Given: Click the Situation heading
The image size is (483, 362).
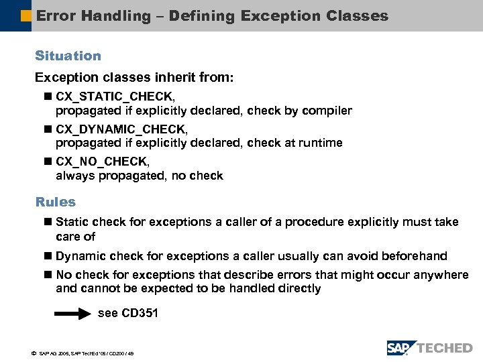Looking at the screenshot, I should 68,56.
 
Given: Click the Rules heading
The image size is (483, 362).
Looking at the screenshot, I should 55,202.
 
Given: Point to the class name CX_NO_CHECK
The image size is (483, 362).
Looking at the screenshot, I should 103,162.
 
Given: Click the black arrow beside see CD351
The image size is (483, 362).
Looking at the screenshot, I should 72,313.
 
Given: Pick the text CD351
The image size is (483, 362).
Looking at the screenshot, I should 140,313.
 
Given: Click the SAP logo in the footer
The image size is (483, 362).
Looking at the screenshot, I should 401,348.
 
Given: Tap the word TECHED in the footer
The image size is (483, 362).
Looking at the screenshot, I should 445,348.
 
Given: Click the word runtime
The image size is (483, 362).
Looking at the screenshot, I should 320,143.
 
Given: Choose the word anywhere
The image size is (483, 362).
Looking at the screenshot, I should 442,275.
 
